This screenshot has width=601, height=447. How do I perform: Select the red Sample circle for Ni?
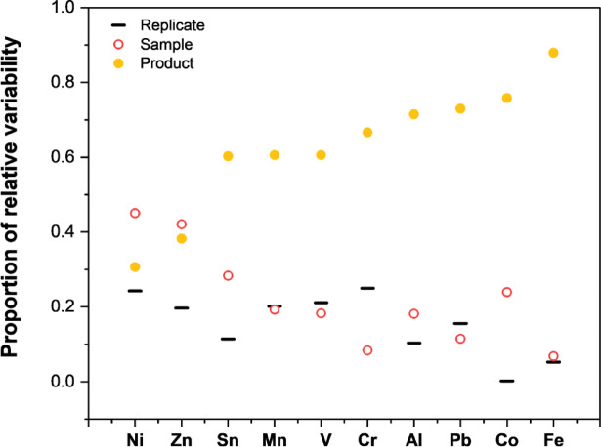(x=135, y=213)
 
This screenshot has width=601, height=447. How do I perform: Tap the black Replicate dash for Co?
(x=507, y=381)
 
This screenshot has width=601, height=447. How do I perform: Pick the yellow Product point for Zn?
(x=182, y=238)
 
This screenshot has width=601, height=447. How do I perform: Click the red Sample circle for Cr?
(x=367, y=350)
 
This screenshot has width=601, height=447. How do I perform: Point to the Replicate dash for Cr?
(x=367, y=288)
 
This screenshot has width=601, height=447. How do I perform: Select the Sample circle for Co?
(x=507, y=292)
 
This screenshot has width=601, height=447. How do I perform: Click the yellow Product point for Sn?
(x=228, y=156)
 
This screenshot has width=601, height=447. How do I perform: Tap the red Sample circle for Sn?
(x=228, y=275)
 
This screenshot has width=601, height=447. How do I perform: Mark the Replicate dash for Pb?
(x=460, y=323)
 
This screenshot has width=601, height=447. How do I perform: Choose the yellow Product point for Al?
(x=414, y=114)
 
